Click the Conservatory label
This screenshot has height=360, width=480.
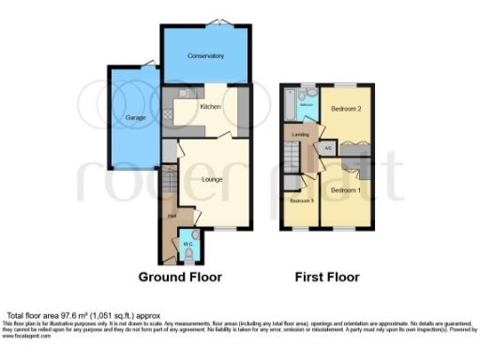pyautogui.click(x=205, y=56)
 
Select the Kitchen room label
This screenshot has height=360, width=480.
pyautogui.click(x=211, y=107)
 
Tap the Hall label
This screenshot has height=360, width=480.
pyautogui.click(x=172, y=217)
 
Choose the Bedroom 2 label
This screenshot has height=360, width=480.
pyautogui.click(x=346, y=110)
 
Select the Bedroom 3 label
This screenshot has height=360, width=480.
pyautogui.click(x=300, y=202)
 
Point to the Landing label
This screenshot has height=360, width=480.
pyautogui.click(x=301, y=136)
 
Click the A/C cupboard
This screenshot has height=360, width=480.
pyautogui.click(x=328, y=148)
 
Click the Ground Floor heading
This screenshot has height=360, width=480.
pyautogui.click(x=178, y=277)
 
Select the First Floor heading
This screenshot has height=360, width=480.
pyautogui.click(x=327, y=277)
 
